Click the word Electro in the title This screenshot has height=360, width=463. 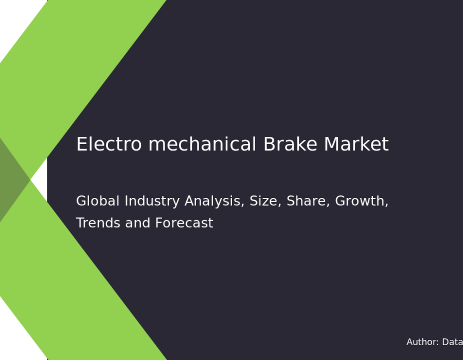(109, 144)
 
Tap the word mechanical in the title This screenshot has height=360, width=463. (202, 144)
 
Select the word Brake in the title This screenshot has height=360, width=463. (290, 144)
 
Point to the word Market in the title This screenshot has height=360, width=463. (357, 144)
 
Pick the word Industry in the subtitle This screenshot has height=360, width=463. (152, 202)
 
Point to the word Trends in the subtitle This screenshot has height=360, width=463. (98, 223)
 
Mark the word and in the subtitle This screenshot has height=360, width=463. (137, 223)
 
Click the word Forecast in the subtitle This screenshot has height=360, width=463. (184, 223)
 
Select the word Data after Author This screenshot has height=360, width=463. (453, 342)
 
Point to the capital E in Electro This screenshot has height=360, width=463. (81, 145)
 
